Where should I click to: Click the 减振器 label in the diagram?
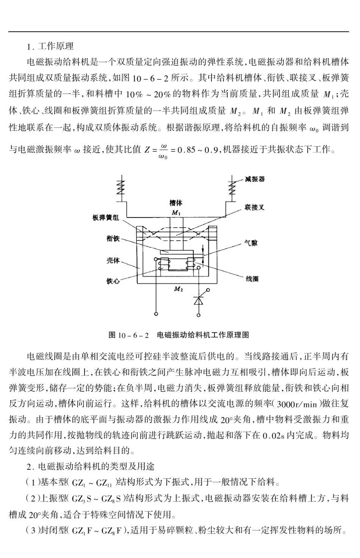pos(255,179)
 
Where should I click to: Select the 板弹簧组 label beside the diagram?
pos(105,218)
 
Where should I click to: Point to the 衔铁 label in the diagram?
pos(113,238)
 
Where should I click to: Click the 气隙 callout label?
pos(251,243)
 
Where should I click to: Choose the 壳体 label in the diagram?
pos(113,260)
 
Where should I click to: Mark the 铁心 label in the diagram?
pos(113,281)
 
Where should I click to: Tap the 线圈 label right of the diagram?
pos(252,279)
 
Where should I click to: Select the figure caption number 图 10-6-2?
pos(129,335)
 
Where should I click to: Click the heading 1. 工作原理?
pos(50,46)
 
